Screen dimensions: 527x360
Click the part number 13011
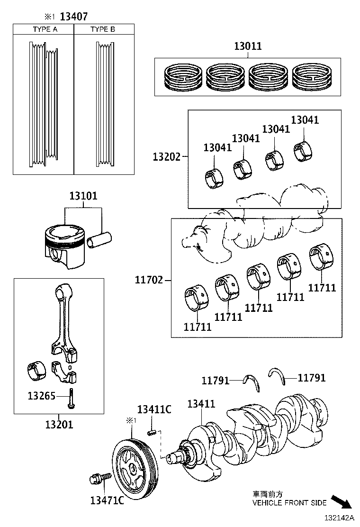[x=247, y=46]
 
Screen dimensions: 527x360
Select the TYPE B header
[x=102, y=29]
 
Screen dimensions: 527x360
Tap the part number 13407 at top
[x=73, y=17]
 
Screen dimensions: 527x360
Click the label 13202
[x=166, y=156]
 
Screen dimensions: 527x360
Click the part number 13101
[x=83, y=196]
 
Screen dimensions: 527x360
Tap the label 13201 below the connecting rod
[x=59, y=424]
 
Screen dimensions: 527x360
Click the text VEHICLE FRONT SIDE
[x=289, y=503]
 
